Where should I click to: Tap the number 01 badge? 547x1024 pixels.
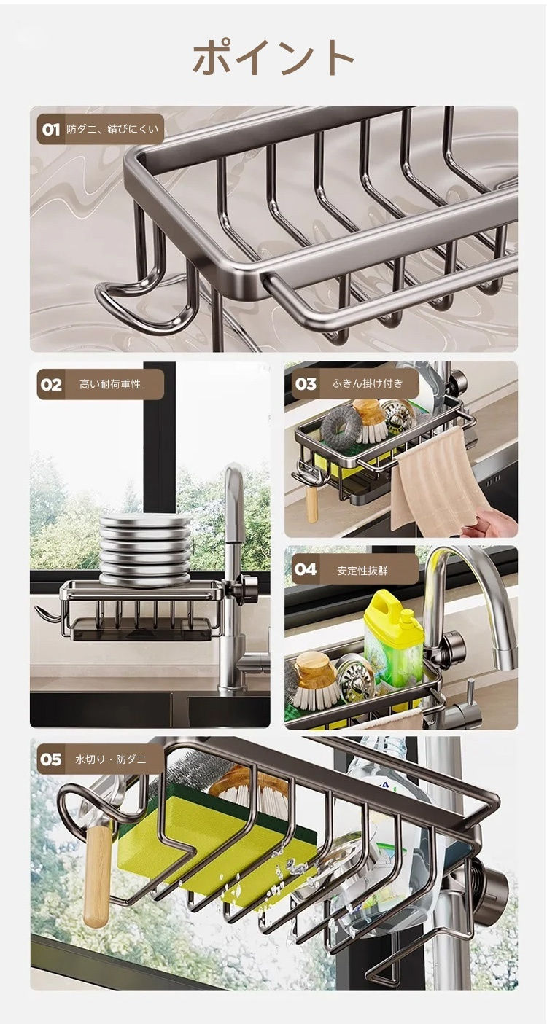click(51, 130)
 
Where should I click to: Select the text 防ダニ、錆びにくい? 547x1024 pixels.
click(112, 129)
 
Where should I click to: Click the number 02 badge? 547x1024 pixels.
click(51, 385)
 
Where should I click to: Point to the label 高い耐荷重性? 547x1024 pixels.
click(110, 385)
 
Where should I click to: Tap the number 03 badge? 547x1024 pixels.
click(306, 383)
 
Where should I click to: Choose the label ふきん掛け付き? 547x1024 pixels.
click(368, 383)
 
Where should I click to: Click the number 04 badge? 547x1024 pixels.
click(306, 570)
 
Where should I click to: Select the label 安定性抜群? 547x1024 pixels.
click(362, 570)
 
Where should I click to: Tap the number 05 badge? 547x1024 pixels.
click(50, 759)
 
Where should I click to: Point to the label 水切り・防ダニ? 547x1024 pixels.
click(110, 759)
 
